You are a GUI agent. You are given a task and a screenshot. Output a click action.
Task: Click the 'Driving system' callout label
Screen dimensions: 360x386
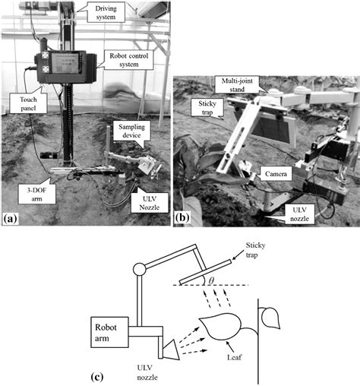click(106, 12)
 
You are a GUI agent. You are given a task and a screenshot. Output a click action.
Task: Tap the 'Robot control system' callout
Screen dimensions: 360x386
click(129, 60)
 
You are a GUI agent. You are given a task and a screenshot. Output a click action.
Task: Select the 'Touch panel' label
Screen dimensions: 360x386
click(28, 103)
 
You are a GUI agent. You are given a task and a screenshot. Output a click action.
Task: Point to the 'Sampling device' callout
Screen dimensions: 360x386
click(131, 131)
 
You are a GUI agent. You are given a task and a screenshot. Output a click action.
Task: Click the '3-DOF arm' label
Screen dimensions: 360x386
click(36, 194)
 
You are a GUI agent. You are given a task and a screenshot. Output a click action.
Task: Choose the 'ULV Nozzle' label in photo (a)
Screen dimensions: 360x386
click(150, 203)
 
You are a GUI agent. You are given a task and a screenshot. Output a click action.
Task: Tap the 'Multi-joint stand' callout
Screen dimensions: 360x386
click(237, 85)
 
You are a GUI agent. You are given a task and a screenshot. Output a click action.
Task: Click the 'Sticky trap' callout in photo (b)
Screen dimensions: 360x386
click(207, 107)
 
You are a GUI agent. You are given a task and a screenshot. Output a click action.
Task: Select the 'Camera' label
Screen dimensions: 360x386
click(276, 174)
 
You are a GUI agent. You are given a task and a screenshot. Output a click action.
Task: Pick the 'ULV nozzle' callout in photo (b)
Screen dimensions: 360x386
click(299, 214)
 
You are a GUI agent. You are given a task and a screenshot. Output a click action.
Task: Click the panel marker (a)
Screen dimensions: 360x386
click(10, 218)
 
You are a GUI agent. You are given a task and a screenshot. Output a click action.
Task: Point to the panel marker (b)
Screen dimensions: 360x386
click(182, 218)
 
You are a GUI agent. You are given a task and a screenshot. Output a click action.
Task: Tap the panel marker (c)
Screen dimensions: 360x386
click(97, 377)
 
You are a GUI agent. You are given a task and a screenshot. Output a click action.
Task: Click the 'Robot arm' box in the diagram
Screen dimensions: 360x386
click(109, 332)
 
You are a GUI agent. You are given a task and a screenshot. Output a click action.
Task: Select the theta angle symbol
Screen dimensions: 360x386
click(211, 280)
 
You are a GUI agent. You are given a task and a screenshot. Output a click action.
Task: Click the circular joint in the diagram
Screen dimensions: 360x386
click(140, 269)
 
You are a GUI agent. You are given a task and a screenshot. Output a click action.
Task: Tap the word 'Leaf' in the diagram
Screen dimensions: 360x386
click(234, 357)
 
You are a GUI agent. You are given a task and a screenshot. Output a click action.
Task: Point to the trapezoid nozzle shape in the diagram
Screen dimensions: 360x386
click(171, 350)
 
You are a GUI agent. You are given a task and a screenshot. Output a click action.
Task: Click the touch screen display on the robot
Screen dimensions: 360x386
click(65, 63)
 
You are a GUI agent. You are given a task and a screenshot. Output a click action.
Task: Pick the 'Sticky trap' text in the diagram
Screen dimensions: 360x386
click(255, 250)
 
